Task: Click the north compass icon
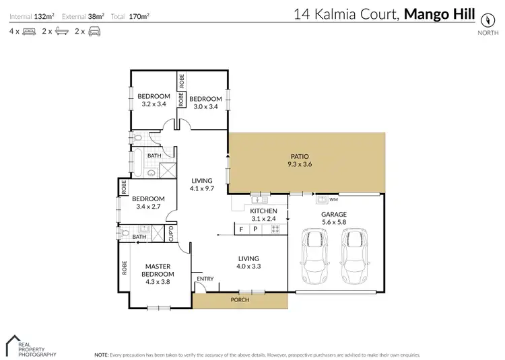tap(483, 18)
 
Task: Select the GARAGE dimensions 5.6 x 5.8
tap(333, 222)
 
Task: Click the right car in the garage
tap(353, 256)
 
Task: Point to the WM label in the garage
tap(334, 200)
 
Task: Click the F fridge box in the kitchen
tap(241, 229)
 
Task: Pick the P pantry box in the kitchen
tap(255, 229)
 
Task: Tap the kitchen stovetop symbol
tap(275, 229)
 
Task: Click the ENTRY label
tap(205, 279)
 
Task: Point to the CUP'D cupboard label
tap(171, 233)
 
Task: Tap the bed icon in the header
tap(28, 31)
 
